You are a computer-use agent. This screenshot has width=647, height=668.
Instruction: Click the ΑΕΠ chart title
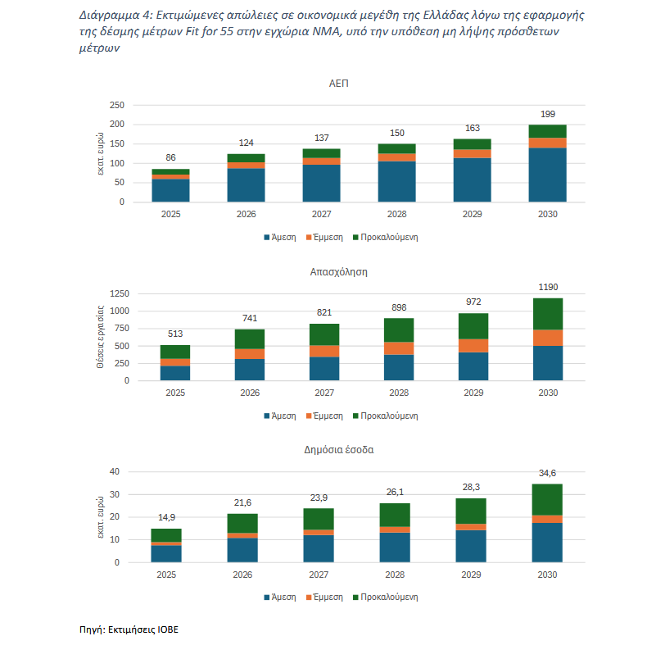click(338, 84)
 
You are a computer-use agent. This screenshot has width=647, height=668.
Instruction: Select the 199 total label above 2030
click(547, 114)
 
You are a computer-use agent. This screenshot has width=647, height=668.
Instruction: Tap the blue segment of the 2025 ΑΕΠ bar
click(170, 190)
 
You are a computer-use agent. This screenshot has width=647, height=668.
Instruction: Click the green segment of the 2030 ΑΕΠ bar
click(547, 131)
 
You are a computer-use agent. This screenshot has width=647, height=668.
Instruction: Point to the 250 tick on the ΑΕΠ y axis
click(116, 105)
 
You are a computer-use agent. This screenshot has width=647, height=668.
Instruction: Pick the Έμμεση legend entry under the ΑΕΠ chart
click(324, 238)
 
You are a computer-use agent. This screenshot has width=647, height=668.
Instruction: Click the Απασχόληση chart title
click(338, 272)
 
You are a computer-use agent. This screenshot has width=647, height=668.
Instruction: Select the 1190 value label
click(548, 287)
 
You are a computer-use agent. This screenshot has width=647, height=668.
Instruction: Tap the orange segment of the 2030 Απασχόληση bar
click(548, 338)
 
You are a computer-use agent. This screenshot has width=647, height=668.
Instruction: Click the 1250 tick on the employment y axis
click(120, 293)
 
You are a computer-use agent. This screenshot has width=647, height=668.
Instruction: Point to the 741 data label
click(250, 318)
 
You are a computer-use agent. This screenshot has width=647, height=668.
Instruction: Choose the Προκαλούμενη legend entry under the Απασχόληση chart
click(386, 416)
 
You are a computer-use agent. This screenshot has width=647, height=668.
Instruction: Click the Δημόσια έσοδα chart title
click(339, 450)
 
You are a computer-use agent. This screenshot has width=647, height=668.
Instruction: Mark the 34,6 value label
click(547, 473)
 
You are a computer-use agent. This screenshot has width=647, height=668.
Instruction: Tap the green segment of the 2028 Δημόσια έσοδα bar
click(395, 515)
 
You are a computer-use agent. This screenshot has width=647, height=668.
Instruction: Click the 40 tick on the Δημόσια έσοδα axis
click(115, 471)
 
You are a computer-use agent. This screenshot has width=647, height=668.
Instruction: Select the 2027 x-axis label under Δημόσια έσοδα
click(319, 575)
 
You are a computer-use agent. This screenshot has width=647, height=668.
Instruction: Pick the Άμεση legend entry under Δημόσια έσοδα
click(279, 598)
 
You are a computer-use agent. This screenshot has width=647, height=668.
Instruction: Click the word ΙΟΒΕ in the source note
click(168, 629)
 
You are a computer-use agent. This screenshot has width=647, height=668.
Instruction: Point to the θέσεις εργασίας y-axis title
click(100, 337)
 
